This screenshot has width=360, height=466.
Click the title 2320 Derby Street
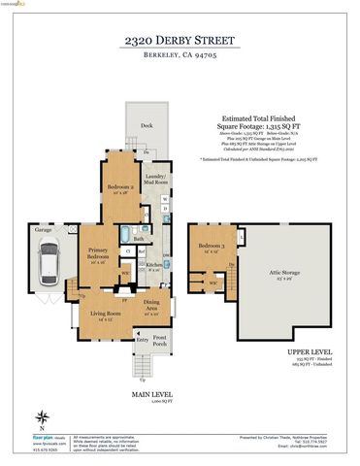point(180,40)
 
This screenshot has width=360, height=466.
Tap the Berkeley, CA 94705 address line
point(180,57)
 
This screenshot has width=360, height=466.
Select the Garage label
point(44,231)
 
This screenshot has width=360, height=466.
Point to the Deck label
point(147,125)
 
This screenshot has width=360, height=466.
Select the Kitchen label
point(153,265)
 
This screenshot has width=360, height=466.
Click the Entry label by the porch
point(142,340)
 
